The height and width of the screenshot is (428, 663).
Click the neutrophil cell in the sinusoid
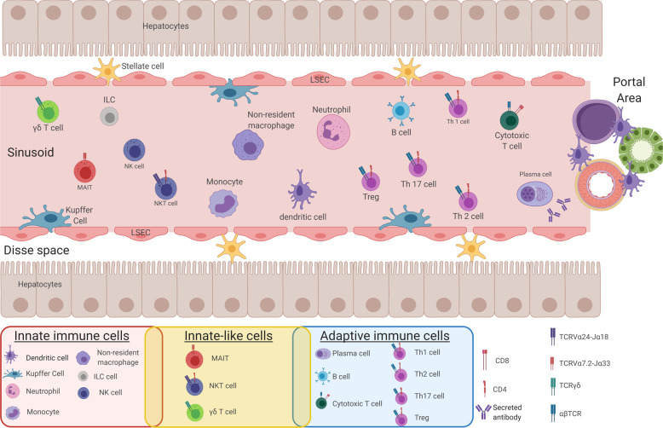tap(331, 132)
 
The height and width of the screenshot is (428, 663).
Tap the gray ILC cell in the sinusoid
tap(108, 116)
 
